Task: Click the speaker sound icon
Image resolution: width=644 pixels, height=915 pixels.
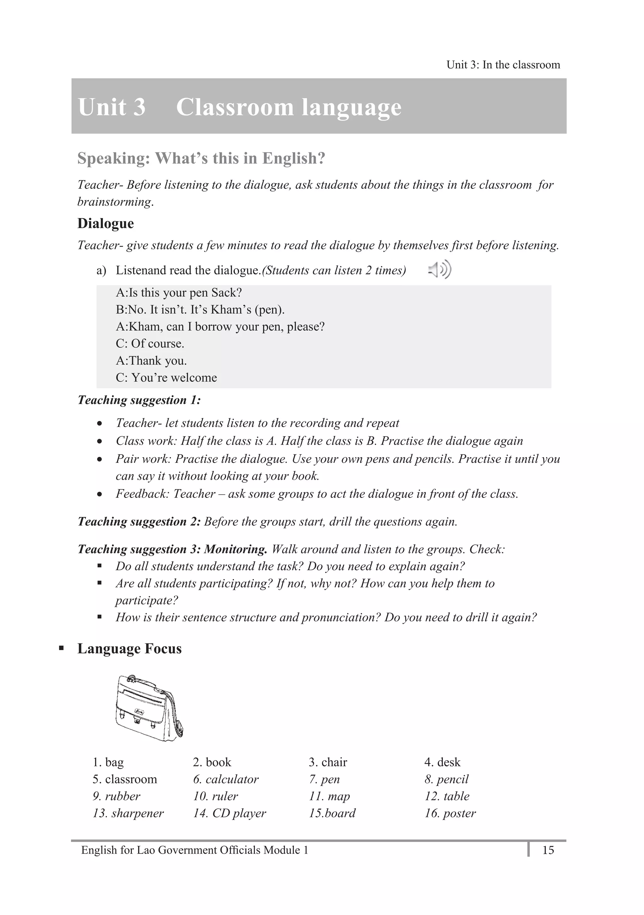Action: coord(440,270)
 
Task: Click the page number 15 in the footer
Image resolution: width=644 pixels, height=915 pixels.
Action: coord(548,850)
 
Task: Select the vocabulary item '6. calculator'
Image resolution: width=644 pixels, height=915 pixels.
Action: coord(226,779)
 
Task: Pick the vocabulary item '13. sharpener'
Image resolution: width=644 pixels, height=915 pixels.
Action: coord(128,813)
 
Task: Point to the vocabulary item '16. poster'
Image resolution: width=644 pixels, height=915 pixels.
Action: coord(450,813)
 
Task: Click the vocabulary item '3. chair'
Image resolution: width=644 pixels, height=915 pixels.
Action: coord(328,762)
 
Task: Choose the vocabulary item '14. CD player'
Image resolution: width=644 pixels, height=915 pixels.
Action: coord(230,813)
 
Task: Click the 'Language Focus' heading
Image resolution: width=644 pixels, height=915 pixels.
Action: coord(130,648)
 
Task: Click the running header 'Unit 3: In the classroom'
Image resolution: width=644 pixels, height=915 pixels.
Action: coord(503,65)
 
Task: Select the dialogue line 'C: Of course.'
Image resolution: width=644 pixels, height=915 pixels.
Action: coord(150,344)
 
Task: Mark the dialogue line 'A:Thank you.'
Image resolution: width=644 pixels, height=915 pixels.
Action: coord(151,361)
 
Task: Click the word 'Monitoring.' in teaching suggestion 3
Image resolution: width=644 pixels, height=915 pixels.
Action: coord(236,549)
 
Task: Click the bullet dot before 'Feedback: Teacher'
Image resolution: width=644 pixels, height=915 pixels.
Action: coord(100,495)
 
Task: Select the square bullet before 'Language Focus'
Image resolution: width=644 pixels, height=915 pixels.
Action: coord(61,648)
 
